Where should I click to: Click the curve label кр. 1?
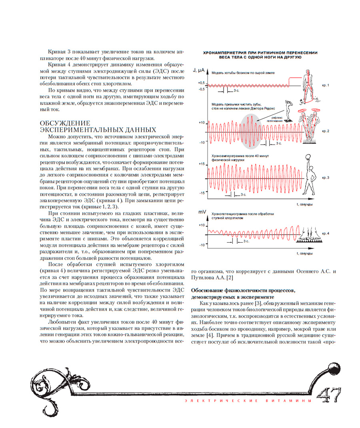click(326, 86)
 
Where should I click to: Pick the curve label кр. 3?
click(326, 177)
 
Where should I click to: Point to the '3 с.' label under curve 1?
click(236, 91)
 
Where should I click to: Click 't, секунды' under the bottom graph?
click(304, 253)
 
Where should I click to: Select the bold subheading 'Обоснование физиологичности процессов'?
click(243, 289)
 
